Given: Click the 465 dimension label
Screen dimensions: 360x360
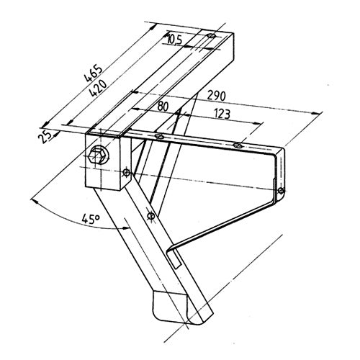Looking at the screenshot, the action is (x=94, y=73).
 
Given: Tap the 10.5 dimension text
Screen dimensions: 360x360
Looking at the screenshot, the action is (x=174, y=40).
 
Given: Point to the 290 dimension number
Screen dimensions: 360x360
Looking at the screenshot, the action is (x=217, y=96).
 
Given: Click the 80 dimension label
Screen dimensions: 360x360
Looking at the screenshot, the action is (x=163, y=106).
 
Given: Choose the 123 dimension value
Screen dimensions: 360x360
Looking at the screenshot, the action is (x=222, y=114).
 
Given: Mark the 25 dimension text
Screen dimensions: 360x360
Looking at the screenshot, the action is (x=45, y=137).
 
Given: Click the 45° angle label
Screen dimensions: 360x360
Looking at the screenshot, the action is (x=91, y=219).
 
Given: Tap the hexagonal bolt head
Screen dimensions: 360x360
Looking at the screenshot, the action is (x=97, y=156).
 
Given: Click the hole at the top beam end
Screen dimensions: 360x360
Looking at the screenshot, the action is (x=211, y=36).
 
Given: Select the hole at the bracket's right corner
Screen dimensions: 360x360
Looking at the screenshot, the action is (x=281, y=191).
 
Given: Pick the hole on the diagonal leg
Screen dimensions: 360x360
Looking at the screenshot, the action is (x=150, y=216).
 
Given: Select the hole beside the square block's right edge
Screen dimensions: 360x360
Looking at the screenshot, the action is (x=126, y=172).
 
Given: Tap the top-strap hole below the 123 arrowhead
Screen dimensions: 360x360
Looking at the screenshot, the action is (x=237, y=145).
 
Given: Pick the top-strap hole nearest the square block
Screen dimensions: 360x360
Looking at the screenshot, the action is (x=159, y=137).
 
